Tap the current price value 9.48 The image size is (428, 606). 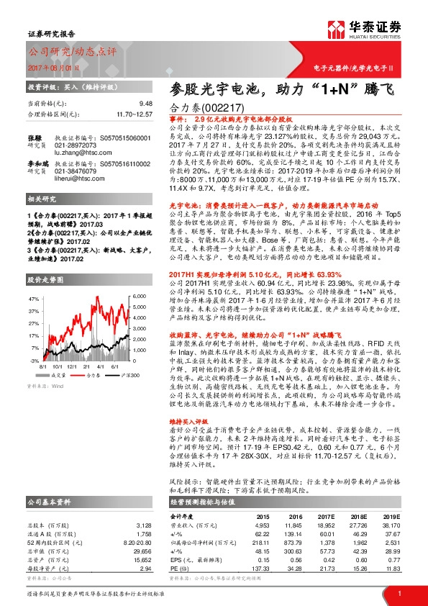(146, 104)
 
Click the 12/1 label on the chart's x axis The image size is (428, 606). (79, 366)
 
